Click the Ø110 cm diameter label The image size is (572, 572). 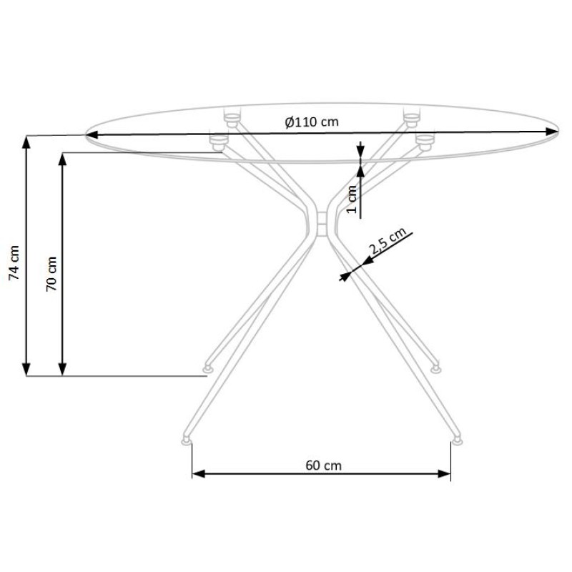click(312, 122)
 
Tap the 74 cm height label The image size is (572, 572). click(14, 262)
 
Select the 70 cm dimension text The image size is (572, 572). click(51, 274)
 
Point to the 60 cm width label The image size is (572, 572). click(324, 465)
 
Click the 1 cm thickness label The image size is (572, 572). click(351, 199)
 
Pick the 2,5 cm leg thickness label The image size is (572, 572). click(388, 241)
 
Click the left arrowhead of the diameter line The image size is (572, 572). click(92, 135)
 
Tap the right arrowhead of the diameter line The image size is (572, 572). click(552, 132)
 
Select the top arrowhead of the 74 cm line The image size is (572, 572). click(26, 142)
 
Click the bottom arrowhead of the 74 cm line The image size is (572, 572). click(26, 369)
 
